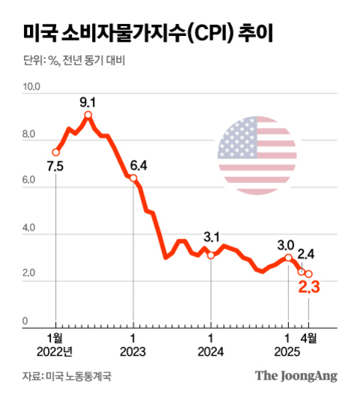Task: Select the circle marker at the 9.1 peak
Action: pyautogui.click(x=88, y=115)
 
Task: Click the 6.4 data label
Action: pyautogui.click(x=138, y=165)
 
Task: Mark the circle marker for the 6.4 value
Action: pyautogui.click(x=133, y=178)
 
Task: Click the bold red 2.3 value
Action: pyautogui.click(x=309, y=286)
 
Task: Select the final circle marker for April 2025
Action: pyautogui.click(x=308, y=274)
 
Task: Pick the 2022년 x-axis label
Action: pyautogui.click(x=55, y=351)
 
